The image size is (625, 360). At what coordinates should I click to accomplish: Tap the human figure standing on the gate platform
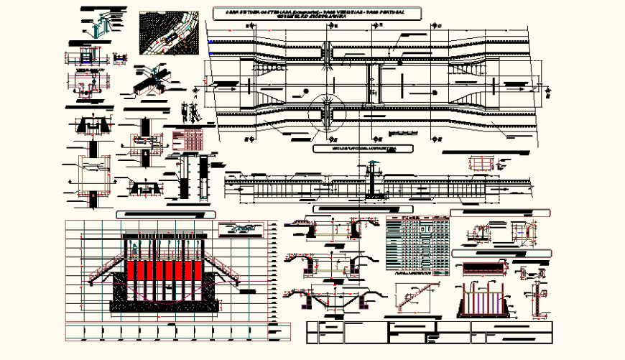click(x=134, y=250)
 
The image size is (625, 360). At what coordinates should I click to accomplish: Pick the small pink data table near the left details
click(x=188, y=137)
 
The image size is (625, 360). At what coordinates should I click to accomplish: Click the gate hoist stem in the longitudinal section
click(x=372, y=180)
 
